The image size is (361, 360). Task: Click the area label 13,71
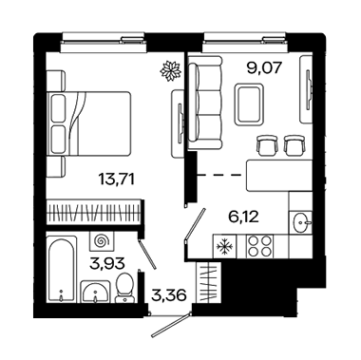117,180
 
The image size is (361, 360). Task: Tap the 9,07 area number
264,67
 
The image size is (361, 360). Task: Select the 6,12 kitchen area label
243,217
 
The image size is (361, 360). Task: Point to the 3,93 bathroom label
106,263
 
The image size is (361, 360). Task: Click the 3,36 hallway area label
168,295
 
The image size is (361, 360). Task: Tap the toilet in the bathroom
124,288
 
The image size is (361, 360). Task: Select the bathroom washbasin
95,292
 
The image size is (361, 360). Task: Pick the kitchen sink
300,222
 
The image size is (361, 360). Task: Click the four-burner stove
259,246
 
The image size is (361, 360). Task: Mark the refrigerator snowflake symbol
224,246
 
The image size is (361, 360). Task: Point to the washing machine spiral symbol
102,242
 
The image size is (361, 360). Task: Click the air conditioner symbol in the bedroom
170,70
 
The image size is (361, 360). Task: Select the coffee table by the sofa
249,104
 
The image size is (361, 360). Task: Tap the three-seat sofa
204,103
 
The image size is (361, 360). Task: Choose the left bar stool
267,145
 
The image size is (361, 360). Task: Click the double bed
88,123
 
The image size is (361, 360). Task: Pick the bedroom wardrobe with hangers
93,213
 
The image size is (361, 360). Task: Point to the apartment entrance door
171,325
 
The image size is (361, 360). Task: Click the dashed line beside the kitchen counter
219,175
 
